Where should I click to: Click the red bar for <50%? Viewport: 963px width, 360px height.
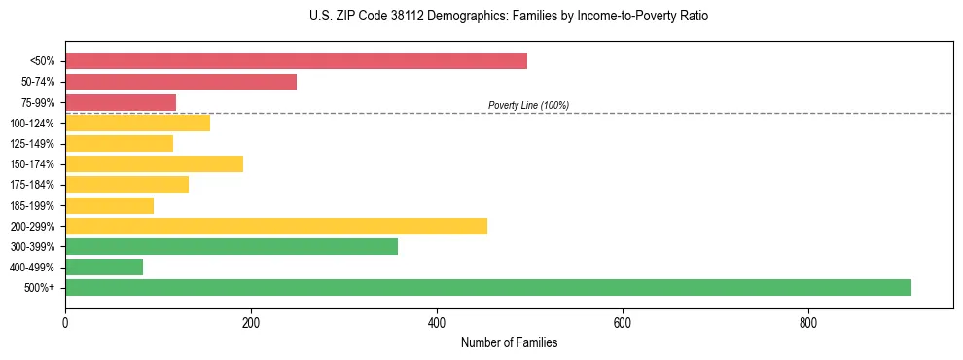click(296, 61)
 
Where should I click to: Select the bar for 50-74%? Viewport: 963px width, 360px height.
click(181, 82)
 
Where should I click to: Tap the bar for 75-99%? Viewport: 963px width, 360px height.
click(121, 102)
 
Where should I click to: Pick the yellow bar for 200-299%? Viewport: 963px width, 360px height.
click(276, 226)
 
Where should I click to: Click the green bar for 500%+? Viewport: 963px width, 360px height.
click(488, 287)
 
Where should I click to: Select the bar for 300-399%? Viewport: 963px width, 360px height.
click(232, 246)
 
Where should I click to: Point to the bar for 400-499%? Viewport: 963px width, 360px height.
click(104, 267)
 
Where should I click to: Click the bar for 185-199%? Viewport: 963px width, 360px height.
click(109, 205)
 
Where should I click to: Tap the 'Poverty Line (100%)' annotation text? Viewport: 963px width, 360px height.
click(528, 105)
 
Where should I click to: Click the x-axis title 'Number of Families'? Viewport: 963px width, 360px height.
click(509, 342)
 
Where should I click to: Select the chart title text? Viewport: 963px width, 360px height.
click(509, 17)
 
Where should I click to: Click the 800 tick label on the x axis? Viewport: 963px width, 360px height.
click(807, 322)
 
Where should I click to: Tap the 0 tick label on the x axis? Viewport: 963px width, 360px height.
click(65, 322)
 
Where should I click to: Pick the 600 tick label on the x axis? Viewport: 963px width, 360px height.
click(623, 322)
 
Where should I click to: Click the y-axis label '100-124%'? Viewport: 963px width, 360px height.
click(32, 124)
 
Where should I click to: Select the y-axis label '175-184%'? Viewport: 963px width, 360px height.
click(32, 185)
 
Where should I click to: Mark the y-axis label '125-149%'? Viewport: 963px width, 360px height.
click(32, 144)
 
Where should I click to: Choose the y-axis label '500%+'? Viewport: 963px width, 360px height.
click(40, 288)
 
